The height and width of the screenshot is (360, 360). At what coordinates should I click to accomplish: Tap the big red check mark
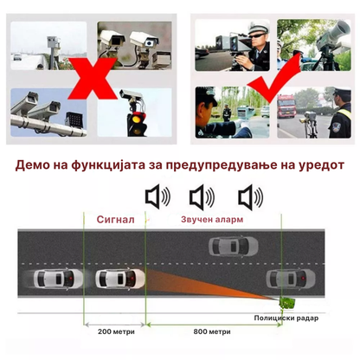tap(274, 77)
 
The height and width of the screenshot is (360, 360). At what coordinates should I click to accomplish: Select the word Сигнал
tap(116, 220)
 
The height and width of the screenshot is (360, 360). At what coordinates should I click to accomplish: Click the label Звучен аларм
tap(212, 219)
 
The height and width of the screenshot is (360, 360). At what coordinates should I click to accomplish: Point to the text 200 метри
tap(116, 331)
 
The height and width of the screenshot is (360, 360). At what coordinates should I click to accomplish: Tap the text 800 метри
tap(212, 331)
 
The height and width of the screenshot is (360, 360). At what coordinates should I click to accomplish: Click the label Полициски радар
tap(286, 318)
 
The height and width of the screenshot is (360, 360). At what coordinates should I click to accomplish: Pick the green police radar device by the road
tap(287, 303)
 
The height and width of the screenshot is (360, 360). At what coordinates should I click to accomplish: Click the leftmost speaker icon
tap(157, 197)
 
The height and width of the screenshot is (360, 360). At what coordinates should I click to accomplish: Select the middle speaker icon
tap(202, 197)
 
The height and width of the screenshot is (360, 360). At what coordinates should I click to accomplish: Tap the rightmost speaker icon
tap(251, 197)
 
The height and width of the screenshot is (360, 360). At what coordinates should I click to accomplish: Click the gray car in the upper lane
tap(234, 246)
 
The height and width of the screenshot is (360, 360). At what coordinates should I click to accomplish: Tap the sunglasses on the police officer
tap(256, 35)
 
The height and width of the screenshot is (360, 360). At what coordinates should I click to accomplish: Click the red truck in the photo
tap(286, 106)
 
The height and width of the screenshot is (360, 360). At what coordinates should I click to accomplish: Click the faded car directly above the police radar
tap(291, 279)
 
